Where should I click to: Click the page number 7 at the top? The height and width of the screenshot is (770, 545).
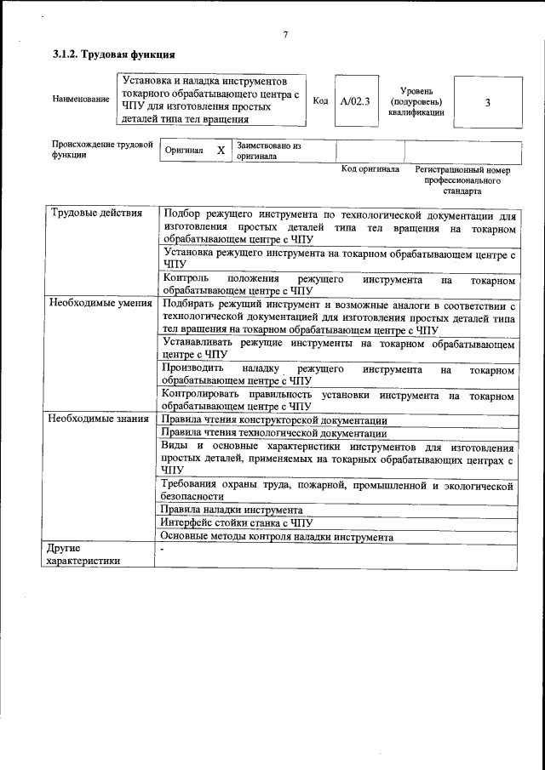point(285,35)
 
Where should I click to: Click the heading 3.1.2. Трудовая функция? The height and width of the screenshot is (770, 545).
point(114,55)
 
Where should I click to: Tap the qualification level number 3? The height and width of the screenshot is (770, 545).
point(487,102)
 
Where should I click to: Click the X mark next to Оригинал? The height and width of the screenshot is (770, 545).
point(221,151)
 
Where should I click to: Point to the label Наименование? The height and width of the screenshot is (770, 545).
point(81,100)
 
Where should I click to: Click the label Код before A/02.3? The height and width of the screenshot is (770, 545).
point(320,101)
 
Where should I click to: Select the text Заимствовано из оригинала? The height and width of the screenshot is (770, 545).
point(269,151)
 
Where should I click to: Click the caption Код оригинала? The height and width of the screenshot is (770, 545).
point(370,169)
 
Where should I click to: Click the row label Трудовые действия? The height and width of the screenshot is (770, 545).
point(96,213)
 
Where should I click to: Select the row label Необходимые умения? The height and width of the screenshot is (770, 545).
point(100,302)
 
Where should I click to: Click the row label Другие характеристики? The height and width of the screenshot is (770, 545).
point(83,555)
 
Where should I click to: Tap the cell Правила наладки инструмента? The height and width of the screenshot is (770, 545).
point(232,510)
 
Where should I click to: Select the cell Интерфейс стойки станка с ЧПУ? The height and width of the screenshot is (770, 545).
point(237,523)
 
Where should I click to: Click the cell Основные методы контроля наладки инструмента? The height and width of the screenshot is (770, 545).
point(277,537)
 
